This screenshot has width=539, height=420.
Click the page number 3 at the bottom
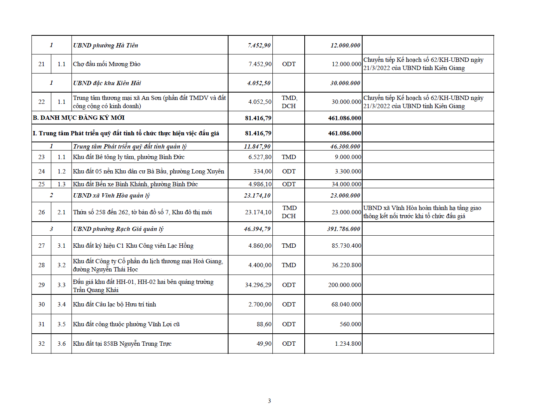tap(269, 401)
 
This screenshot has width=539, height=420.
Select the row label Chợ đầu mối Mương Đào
tap(106, 64)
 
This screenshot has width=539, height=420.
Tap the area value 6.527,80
tap(260, 157)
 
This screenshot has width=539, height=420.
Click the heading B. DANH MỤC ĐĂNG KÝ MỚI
tap(78, 118)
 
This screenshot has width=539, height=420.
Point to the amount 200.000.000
tap(344, 285)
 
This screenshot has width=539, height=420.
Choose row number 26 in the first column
tap(42, 212)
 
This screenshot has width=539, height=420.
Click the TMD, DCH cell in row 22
tap(289, 102)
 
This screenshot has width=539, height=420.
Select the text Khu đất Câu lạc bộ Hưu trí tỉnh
tap(114, 304)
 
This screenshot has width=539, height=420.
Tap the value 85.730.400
tap(346, 246)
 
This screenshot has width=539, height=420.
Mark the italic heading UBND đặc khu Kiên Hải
tap(107, 83)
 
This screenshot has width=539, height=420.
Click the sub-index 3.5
tap(61, 324)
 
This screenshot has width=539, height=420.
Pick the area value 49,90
tap(264, 344)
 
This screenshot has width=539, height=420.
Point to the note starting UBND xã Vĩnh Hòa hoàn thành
tap(422, 212)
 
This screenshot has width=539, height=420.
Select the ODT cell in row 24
tap(289, 171)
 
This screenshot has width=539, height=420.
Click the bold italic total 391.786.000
tap(344, 229)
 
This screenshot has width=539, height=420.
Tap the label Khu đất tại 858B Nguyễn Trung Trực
tap(122, 344)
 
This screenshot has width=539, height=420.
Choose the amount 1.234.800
tap(348, 344)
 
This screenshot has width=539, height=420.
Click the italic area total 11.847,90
tap(257, 147)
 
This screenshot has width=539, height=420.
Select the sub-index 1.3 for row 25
tap(61, 184)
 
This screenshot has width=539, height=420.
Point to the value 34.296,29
tap(258, 285)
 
